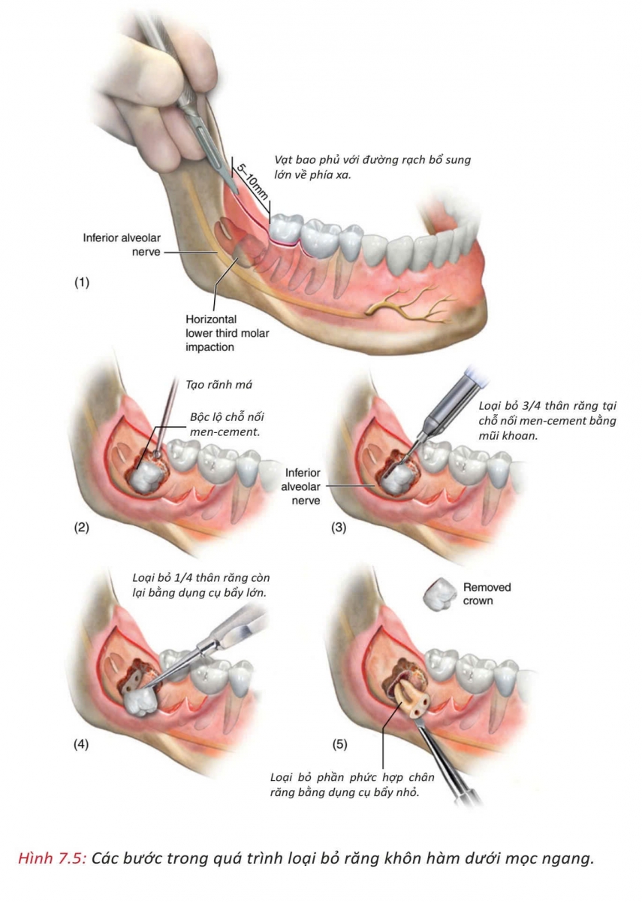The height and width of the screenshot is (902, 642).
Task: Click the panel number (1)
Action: point(81,284)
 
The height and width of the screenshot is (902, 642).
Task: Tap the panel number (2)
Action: point(81,527)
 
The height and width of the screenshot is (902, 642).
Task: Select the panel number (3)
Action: point(339,527)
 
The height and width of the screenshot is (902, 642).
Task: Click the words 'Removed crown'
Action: point(486,594)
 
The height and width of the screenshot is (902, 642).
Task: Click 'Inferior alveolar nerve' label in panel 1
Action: point(122,245)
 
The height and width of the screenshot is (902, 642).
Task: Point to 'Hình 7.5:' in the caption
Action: point(54,858)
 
